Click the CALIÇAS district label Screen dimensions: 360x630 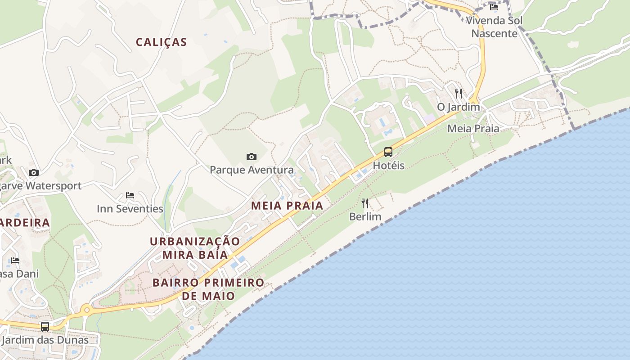click(161, 42)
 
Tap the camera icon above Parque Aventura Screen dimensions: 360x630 click(252, 157)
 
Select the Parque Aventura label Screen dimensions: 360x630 click(252, 170)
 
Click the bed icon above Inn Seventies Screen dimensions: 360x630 click(130, 195)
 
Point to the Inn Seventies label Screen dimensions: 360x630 click(130, 209)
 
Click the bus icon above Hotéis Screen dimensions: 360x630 click(388, 152)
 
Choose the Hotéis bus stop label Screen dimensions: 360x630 click(389, 166)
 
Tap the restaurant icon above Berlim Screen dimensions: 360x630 click(365, 203)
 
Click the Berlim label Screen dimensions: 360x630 click(365, 217)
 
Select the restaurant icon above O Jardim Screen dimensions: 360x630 click(459, 94)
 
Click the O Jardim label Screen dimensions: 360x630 click(459, 107)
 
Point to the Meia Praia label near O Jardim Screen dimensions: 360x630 click(473, 129)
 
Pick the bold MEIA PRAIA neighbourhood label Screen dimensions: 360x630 click(287, 206)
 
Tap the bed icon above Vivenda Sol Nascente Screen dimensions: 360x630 click(494, 7)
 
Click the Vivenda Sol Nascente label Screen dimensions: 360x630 click(494, 27)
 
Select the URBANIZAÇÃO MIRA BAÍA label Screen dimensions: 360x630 click(195, 248)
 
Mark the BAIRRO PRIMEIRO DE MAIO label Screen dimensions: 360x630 click(208, 289)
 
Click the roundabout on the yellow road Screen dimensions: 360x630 click(86, 309)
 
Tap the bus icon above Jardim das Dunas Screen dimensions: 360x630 click(45, 327)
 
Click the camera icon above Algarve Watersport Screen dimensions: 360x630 click(34, 172)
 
